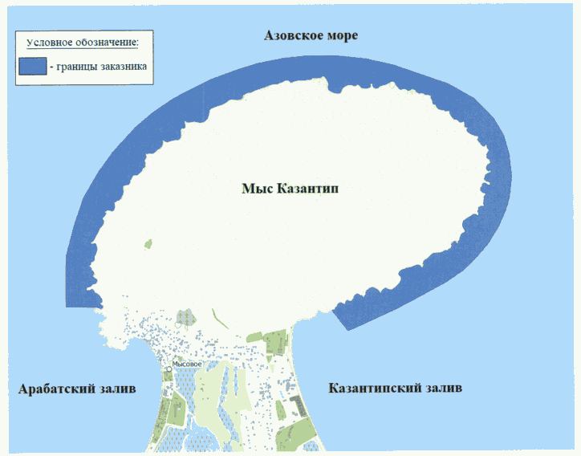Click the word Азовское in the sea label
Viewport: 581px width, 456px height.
point(294,36)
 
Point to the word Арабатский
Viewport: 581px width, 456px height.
point(56,389)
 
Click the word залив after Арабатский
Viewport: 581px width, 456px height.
point(117,389)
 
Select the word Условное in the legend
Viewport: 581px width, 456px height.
point(51,42)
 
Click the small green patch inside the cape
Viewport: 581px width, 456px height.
point(147,243)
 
